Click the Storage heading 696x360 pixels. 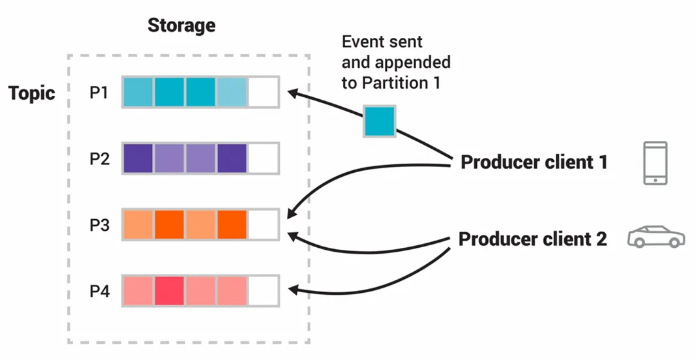coord(181,26)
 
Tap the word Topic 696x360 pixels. coord(32,93)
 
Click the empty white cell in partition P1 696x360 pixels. coord(264,92)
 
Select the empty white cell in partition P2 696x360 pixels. coord(264,158)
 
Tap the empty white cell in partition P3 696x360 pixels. coord(264,224)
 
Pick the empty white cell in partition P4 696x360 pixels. coord(264,290)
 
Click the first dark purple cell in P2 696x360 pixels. coord(138,158)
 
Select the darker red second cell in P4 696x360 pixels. coord(169,290)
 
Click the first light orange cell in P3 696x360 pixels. coord(138,224)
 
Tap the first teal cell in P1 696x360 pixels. coord(138,92)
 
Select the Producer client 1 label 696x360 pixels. coord(534,162)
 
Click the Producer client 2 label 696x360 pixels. coord(533,239)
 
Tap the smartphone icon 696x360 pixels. coord(654,162)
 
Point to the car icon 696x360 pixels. coord(656,237)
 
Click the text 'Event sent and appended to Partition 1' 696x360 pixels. coord(396,62)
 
